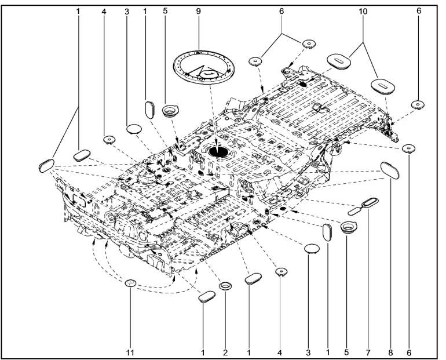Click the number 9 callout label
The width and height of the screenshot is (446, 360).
coord(198,11)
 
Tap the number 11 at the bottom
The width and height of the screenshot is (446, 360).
coord(130,352)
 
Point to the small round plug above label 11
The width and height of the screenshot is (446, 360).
coord(130,283)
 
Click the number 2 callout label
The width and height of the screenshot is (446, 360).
coord(225,353)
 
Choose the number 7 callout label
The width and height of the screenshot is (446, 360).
coord(368,353)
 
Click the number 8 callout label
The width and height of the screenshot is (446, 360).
coord(390,353)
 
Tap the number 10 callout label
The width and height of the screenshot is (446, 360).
coord(363,12)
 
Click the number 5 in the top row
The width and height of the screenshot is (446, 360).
coord(165,11)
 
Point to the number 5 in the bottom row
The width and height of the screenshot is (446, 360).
coord(346,352)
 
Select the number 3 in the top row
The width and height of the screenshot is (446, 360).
coord(127,12)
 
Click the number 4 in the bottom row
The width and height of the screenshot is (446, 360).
coord(280,353)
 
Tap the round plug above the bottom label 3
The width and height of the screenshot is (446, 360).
coord(312,248)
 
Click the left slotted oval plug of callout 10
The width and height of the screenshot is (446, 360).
coord(338,61)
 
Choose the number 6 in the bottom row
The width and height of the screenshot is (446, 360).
coord(409,353)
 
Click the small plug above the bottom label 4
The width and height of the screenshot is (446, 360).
coord(282,272)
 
